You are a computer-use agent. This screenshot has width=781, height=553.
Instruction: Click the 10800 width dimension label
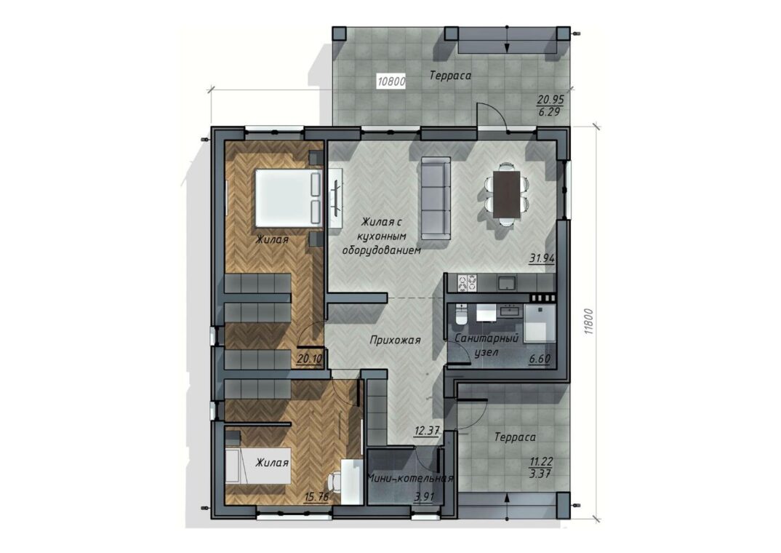pyautogui.click(x=391, y=81)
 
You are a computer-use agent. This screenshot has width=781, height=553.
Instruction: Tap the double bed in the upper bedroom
pyautogui.click(x=288, y=199)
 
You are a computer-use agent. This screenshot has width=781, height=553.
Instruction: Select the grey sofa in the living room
pyautogui.click(x=436, y=199)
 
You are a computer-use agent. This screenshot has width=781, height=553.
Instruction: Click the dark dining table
pyautogui.click(x=507, y=194)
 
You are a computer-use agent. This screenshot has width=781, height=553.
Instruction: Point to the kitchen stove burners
pyautogui.click(x=467, y=282)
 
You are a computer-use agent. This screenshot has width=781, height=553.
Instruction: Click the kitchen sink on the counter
pyautogui.click(x=507, y=282)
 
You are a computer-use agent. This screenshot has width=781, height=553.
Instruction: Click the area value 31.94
pyautogui.click(x=542, y=258)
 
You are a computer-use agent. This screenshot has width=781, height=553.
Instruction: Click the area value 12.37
pyautogui.click(x=426, y=431)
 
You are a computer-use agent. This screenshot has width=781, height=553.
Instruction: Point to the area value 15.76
pyautogui.click(x=316, y=497)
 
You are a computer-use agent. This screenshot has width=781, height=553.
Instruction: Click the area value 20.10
pyautogui.click(x=309, y=358)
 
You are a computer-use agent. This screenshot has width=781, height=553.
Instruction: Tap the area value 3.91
pyautogui.click(x=425, y=497)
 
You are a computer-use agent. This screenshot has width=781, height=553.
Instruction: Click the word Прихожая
pyautogui.click(x=395, y=341)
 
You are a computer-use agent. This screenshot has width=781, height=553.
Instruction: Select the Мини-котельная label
pyautogui.click(x=410, y=478)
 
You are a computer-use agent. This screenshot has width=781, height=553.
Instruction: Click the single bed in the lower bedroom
pyautogui.click(x=257, y=466)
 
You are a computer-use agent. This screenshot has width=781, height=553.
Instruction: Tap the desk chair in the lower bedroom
pyautogui.click(x=335, y=482)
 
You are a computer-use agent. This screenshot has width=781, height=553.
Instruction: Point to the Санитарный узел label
pyautogui.click(x=486, y=345)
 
